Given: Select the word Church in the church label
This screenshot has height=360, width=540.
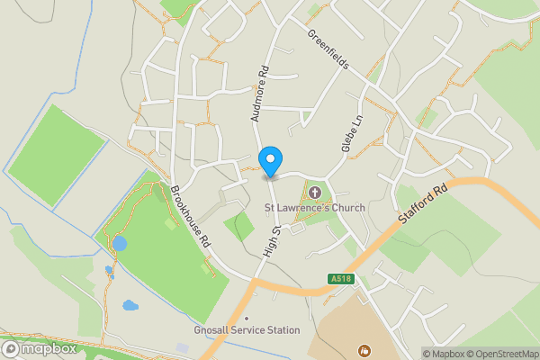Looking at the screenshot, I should [x=347, y=208].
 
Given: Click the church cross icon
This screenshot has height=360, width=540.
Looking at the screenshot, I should [x=314, y=191].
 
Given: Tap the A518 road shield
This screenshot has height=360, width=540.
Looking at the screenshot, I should [x=341, y=279].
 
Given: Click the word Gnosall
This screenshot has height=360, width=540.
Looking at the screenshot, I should [x=212, y=330].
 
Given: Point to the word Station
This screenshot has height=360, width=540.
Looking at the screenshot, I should [x=281, y=330].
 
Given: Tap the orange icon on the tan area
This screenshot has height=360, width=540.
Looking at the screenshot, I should [x=364, y=349].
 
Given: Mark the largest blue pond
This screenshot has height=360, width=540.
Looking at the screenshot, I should [x=120, y=244].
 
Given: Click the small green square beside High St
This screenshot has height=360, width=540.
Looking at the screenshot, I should [x=239, y=227].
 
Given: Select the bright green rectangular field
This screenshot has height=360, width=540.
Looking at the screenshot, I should [x=58, y=155].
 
